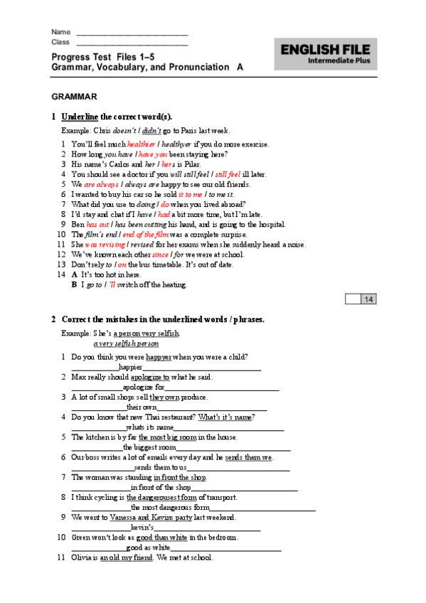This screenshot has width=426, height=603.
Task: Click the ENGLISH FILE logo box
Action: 326,54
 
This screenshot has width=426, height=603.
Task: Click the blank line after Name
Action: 132,33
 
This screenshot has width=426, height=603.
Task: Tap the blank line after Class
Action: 132,43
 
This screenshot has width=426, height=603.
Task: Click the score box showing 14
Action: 369,299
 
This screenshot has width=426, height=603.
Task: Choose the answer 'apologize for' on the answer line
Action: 144,388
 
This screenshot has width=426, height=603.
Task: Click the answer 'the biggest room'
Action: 149,447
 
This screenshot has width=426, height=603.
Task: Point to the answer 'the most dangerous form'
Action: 171,508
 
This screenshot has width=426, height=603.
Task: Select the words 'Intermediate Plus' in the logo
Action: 339,61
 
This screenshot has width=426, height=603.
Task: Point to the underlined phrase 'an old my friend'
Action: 127,558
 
